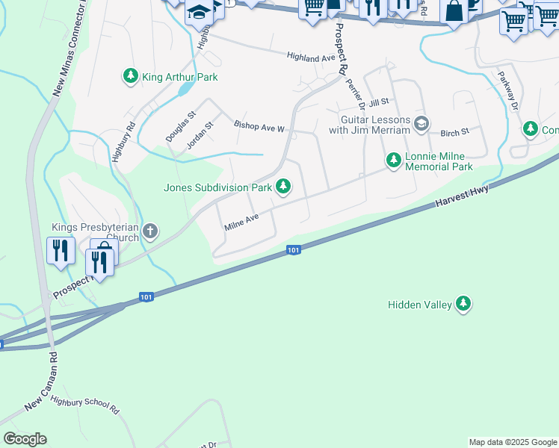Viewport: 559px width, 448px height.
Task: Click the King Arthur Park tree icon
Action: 131,75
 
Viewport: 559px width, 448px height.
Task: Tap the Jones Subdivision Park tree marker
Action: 283,187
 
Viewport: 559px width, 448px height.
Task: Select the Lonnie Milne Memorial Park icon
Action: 393,160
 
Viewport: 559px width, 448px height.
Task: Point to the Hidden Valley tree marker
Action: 464,304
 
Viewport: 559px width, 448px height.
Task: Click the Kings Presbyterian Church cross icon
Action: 149,231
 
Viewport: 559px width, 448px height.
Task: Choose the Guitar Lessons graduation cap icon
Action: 421,124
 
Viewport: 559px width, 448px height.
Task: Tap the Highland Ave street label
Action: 312,58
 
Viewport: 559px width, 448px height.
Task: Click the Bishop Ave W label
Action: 259,128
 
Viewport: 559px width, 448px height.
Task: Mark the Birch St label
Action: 454,131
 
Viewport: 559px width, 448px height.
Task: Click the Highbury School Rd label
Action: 85,407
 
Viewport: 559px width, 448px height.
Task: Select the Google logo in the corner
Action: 25,439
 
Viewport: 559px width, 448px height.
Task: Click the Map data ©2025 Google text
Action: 513,442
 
